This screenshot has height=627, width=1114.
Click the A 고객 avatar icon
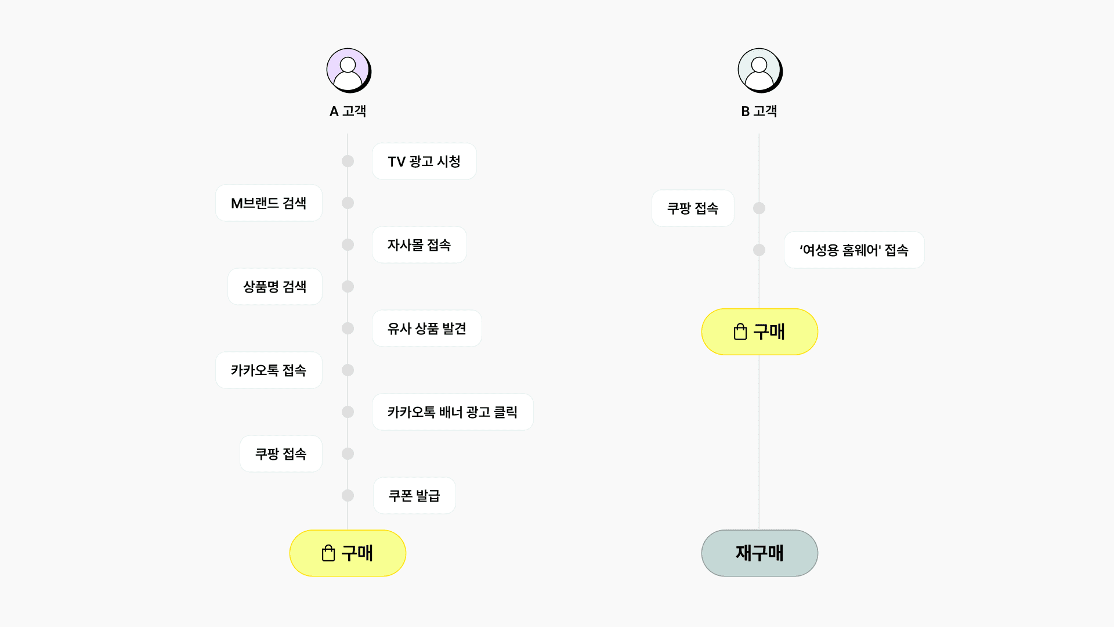(348, 70)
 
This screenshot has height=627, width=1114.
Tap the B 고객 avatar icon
(759, 70)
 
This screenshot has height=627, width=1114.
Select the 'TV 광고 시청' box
(424, 161)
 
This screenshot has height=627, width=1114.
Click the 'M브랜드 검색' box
(269, 203)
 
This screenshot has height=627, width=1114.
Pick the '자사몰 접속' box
(419, 245)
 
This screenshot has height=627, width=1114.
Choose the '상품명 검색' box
(274, 287)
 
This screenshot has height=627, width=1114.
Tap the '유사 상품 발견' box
(426, 329)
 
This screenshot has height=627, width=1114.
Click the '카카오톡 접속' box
(269, 370)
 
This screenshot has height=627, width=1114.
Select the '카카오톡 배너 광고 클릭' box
(453, 412)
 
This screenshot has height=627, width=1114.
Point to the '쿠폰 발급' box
(414, 496)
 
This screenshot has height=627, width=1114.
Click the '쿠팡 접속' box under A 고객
(281, 454)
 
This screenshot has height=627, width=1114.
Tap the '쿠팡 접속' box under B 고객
(693, 208)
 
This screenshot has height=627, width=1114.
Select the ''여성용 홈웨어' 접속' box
(853, 250)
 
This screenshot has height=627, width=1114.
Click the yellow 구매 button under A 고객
(348, 553)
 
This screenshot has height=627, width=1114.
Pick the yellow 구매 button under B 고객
(759, 332)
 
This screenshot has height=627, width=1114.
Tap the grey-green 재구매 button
(759, 553)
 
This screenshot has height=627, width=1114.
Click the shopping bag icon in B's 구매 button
(740, 331)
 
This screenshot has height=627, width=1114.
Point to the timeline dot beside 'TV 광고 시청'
(348, 161)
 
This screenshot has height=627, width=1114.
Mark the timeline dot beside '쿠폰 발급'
(348, 496)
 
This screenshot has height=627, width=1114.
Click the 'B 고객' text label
(759, 111)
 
